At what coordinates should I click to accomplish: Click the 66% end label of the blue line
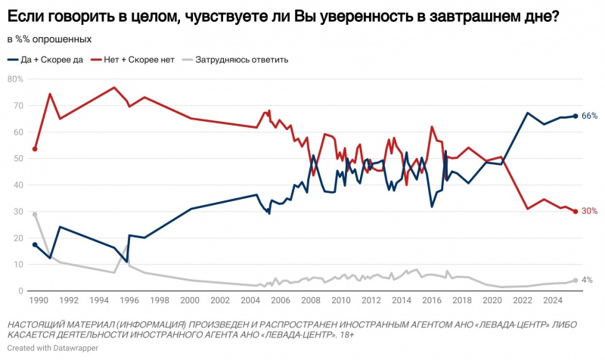pyautogui.click(x=590, y=116)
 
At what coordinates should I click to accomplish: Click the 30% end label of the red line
pyautogui.click(x=590, y=211)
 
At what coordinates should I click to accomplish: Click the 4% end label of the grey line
pyautogui.click(x=587, y=280)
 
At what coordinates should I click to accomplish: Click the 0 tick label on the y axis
pyautogui.click(x=20, y=290)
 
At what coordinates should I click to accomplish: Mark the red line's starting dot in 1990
pyautogui.click(x=36, y=149)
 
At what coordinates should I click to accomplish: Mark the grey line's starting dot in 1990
pyautogui.click(x=36, y=214)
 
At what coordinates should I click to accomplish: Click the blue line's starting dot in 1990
pyautogui.click(x=36, y=244)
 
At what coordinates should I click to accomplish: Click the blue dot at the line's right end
pyautogui.click(x=576, y=116)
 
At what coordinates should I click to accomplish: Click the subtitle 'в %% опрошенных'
pyautogui.click(x=49, y=39)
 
